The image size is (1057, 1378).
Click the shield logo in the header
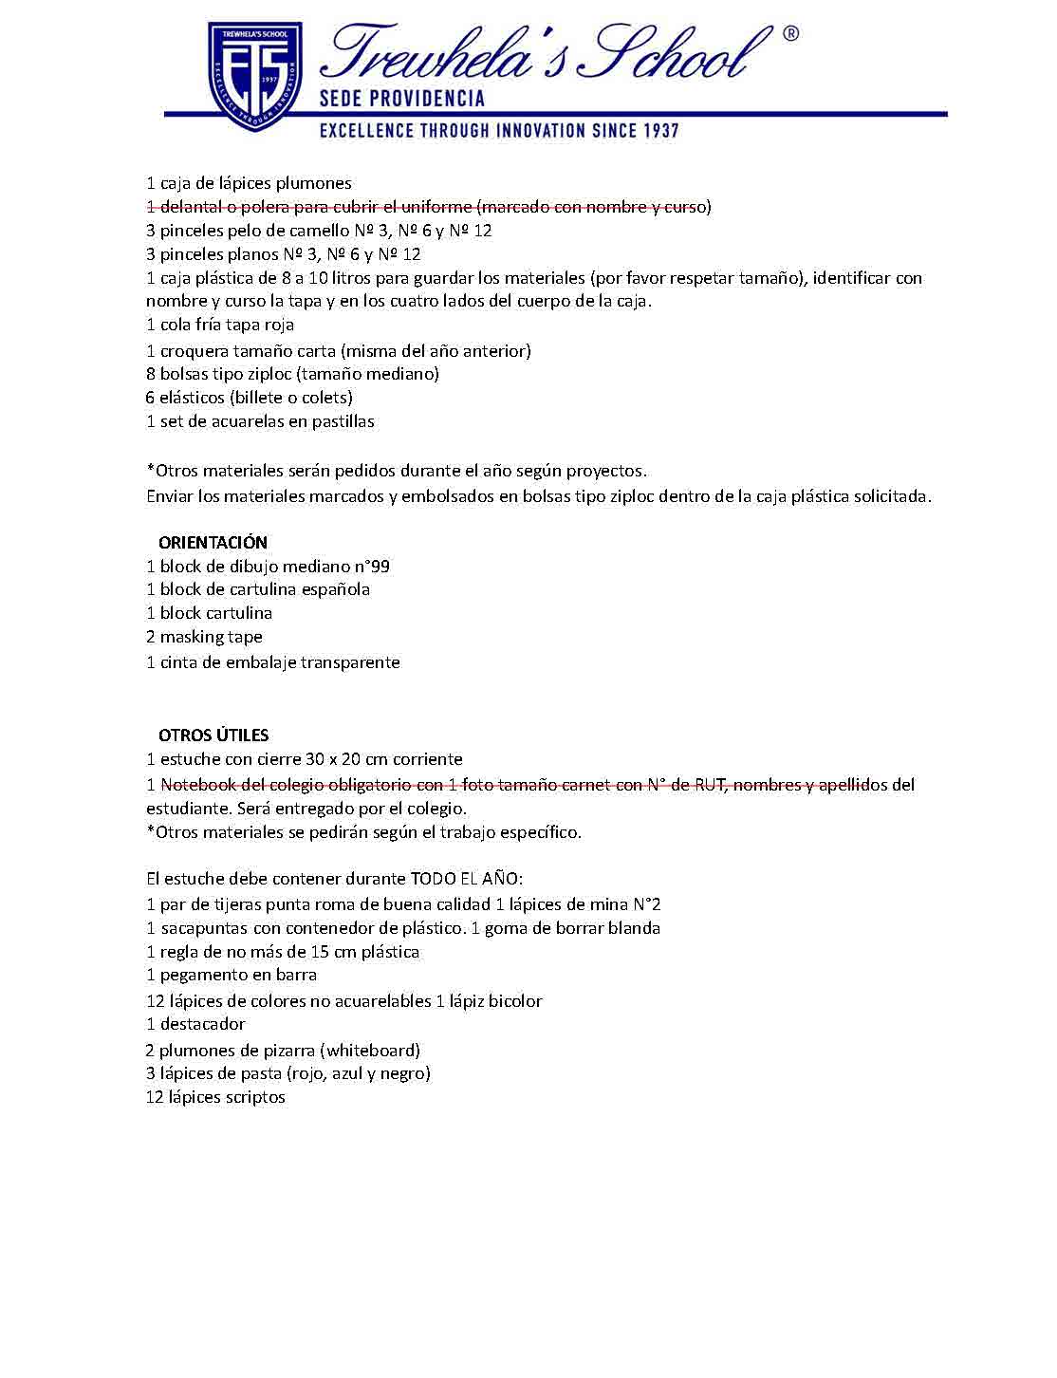254,76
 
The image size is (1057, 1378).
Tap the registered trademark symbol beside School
789,34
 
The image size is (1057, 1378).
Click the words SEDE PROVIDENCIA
401,98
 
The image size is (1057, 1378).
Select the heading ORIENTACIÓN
213,543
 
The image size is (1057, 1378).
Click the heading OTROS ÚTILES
213,736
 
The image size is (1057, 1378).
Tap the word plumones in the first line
314,183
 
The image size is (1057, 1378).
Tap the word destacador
202,1024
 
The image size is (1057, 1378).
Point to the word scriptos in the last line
255,1097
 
